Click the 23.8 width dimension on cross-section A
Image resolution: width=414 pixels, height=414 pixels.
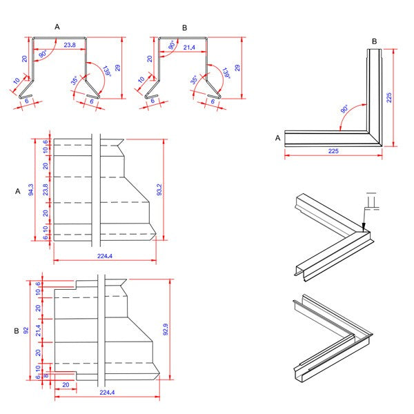69,45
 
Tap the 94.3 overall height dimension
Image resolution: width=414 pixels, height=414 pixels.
31,189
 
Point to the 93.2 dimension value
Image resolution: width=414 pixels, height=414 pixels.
160,189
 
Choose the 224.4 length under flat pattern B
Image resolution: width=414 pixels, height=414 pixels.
105,393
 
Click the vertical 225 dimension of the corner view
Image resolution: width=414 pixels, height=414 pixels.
390,97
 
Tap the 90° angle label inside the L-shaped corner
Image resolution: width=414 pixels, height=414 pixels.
345,109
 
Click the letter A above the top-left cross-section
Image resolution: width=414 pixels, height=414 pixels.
57,26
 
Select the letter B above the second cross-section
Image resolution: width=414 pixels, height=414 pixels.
184,27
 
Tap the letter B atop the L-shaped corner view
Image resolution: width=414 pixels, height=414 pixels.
374,41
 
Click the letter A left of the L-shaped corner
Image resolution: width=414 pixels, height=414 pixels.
277,138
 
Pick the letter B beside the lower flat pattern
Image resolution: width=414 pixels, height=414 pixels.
16,331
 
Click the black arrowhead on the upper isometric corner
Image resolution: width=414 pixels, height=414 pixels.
363,221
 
